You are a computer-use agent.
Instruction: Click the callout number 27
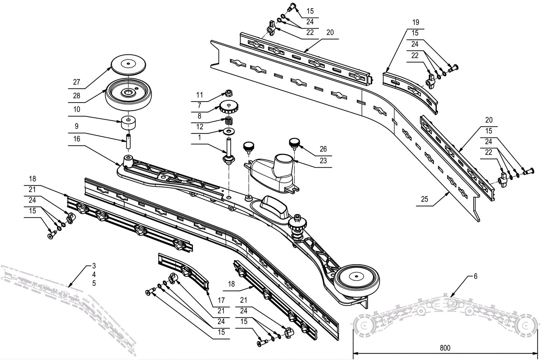tap(77, 82)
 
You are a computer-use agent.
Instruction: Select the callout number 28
tap(77, 96)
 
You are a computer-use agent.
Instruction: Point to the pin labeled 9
tap(129, 141)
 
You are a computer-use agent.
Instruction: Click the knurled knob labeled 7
tap(229, 108)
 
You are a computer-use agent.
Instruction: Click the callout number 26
tap(323, 149)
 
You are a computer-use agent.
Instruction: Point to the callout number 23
tap(323, 160)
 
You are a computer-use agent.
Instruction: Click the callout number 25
tap(424, 199)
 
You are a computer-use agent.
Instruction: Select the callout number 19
tap(416, 22)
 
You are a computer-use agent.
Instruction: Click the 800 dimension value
tap(445, 348)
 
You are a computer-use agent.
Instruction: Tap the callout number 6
tap(475, 276)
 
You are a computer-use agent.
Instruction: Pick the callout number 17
tap(221, 300)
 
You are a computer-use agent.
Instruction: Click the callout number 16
tap(77, 139)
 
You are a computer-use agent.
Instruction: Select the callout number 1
tap(200, 137)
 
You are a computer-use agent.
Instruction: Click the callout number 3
tap(94, 266)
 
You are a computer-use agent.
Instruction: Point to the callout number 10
tap(77, 109)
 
